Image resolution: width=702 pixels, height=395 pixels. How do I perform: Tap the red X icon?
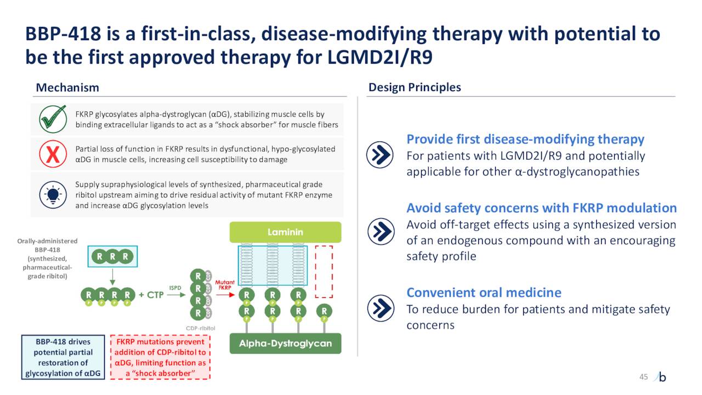click(x=53, y=155)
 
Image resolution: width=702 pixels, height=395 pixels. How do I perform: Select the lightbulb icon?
click(x=53, y=195)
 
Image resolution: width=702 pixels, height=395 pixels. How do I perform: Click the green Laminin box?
click(x=285, y=232)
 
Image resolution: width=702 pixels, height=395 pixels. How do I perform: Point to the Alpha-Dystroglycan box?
click(x=285, y=343)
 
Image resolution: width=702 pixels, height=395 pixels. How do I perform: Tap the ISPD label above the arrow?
click(x=175, y=287)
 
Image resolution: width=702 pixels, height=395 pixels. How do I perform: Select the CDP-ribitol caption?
click(x=201, y=328)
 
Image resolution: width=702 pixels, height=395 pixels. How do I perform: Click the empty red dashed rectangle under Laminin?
click(x=324, y=270)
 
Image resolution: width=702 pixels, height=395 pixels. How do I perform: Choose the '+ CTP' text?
click(x=151, y=295)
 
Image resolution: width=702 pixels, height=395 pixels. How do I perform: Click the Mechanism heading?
click(x=67, y=88)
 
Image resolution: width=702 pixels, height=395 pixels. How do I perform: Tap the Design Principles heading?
click(x=415, y=87)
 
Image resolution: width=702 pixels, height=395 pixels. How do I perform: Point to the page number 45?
click(x=643, y=376)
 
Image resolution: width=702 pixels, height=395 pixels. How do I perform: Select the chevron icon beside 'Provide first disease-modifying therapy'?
click(x=380, y=155)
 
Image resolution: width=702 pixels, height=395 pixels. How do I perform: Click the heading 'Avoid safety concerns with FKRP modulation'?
click(x=541, y=208)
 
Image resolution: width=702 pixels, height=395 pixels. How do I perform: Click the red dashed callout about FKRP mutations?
click(x=160, y=357)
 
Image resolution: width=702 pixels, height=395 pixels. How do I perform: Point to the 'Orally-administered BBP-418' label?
click(x=47, y=258)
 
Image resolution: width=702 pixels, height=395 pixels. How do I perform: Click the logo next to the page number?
click(x=661, y=377)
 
